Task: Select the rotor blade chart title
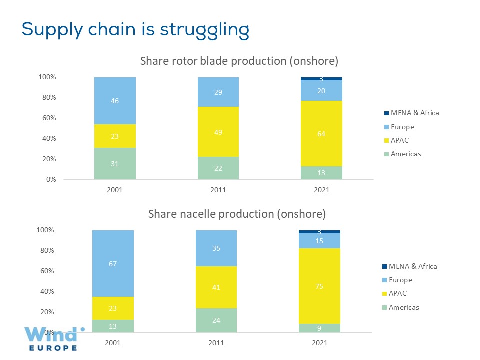(x=239, y=61)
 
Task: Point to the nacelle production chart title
(x=237, y=214)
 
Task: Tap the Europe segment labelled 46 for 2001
(x=115, y=100)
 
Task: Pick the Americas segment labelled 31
(x=115, y=163)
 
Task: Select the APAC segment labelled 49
(x=218, y=132)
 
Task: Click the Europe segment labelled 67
(x=113, y=263)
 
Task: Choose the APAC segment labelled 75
(x=320, y=286)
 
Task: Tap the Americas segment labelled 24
(x=216, y=320)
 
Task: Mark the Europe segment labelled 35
(x=216, y=248)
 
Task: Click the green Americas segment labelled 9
(x=320, y=328)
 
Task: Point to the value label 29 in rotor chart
(x=218, y=92)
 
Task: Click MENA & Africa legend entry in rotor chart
(x=415, y=113)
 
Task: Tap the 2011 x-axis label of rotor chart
(x=218, y=190)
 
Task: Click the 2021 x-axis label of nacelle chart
(x=320, y=343)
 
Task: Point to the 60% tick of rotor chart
(x=48, y=118)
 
